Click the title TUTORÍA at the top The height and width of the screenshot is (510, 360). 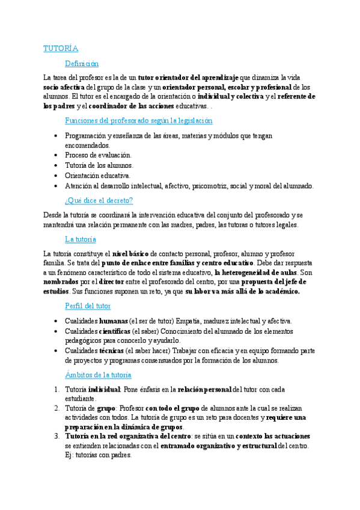click(61, 48)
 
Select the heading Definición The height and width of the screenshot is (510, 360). click(82, 63)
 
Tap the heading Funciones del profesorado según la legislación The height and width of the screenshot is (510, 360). click(138, 120)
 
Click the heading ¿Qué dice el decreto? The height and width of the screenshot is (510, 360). click(99, 200)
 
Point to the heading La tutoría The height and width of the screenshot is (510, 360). click(81, 239)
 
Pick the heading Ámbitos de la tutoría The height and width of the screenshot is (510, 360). click(97, 375)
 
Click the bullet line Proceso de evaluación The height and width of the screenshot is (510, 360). click(98, 155)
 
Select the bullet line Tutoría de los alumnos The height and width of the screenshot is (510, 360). click(99, 165)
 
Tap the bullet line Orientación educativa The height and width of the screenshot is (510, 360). click(97, 175)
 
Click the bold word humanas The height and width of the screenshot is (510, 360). click(114, 321)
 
